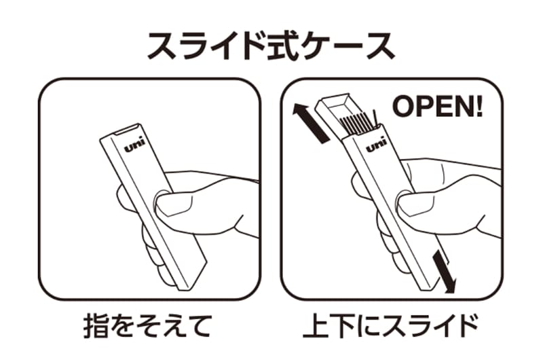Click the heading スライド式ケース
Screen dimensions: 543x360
click(271, 46)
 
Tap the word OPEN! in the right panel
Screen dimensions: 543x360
click(437, 107)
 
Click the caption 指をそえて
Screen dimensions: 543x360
click(147, 325)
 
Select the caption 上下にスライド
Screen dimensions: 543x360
click(391, 325)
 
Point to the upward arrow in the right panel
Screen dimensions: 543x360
click(310, 122)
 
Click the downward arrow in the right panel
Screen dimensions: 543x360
click(444, 272)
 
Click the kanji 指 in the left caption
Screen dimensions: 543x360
click(96, 325)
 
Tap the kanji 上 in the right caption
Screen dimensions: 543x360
click(315, 325)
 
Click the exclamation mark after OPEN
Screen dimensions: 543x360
click(480, 107)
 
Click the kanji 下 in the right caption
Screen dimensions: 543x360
click(341, 326)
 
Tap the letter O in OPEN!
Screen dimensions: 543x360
click(402, 107)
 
